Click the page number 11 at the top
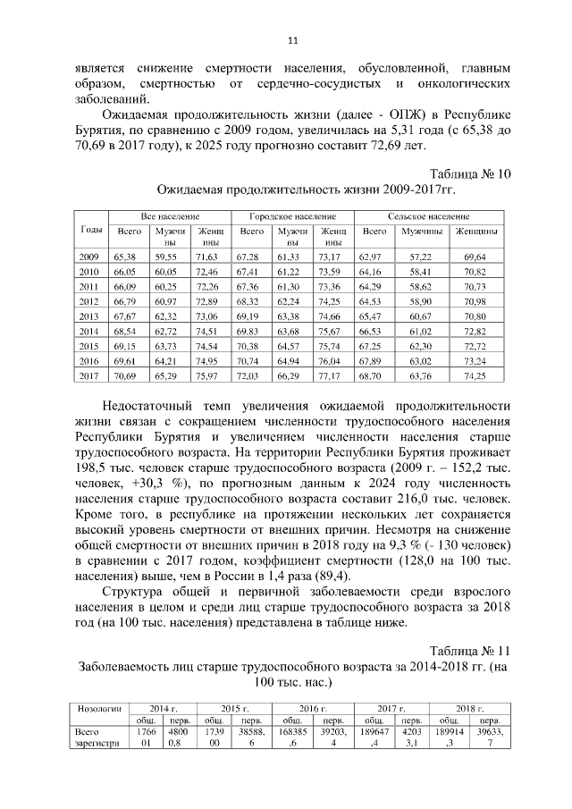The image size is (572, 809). [291, 39]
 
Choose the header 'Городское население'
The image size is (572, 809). [292, 217]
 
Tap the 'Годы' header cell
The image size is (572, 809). [90, 229]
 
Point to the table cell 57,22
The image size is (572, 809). [419, 257]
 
